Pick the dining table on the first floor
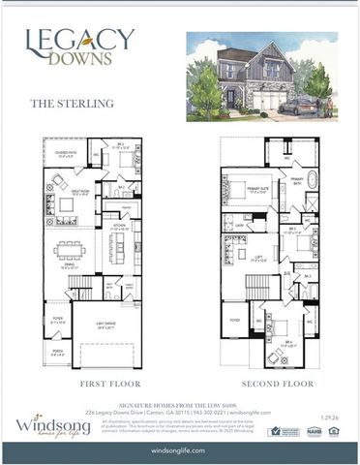click(x=71, y=251)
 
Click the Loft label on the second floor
click(x=259, y=260)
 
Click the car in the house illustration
click(x=301, y=104)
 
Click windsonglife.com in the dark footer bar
click(x=179, y=452)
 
